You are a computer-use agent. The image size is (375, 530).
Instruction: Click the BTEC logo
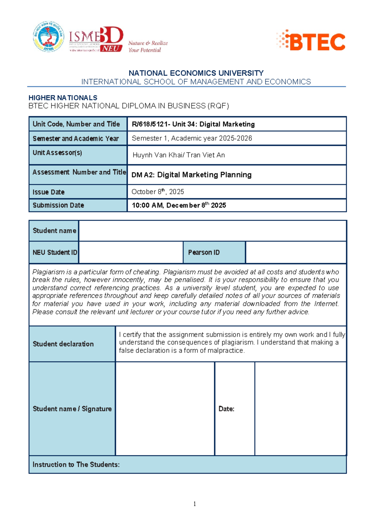(311, 41)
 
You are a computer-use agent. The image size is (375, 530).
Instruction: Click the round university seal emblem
(48, 37)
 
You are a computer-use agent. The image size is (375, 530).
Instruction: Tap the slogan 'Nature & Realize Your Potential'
(148, 47)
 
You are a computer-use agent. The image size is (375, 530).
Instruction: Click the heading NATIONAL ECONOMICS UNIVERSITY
(196, 73)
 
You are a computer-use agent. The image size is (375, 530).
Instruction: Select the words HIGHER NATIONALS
(63, 98)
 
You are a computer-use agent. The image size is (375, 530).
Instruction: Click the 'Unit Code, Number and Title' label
(76, 124)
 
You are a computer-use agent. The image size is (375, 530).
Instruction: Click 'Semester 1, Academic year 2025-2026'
(192, 138)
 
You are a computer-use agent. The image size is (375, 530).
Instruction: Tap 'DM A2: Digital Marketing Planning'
(191, 175)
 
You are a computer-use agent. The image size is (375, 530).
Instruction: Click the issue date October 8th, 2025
(157, 192)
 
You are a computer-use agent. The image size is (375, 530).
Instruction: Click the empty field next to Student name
(212, 231)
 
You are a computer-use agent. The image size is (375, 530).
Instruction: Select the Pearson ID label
(204, 252)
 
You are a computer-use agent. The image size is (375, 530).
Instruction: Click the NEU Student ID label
(55, 252)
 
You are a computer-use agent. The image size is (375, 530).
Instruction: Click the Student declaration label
(63, 344)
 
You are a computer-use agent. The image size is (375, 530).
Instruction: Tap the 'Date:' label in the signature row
(226, 409)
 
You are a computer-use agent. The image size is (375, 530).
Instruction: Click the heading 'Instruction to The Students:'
(76, 464)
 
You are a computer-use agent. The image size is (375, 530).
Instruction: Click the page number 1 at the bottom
(195, 503)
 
